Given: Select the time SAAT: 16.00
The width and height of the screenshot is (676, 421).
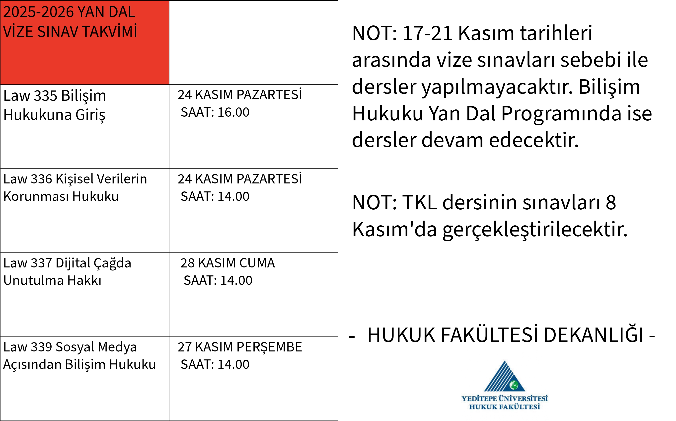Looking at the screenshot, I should (215, 112).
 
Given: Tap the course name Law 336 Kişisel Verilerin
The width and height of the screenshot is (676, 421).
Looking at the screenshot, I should (75, 179).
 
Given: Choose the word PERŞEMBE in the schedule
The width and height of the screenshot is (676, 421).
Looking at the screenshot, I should (269, 347).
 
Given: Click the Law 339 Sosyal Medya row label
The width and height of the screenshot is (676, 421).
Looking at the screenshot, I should (70, 347).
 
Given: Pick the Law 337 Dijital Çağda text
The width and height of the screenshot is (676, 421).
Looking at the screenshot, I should (67, 263).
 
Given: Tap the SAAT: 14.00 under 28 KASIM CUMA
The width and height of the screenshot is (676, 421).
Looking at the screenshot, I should (218, 280).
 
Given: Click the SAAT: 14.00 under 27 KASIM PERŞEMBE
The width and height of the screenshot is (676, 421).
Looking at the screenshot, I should (215, 364).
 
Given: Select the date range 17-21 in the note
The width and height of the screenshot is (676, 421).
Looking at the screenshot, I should (427, 33).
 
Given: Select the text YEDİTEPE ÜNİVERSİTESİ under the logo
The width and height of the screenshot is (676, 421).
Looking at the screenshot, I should (505, 399).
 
